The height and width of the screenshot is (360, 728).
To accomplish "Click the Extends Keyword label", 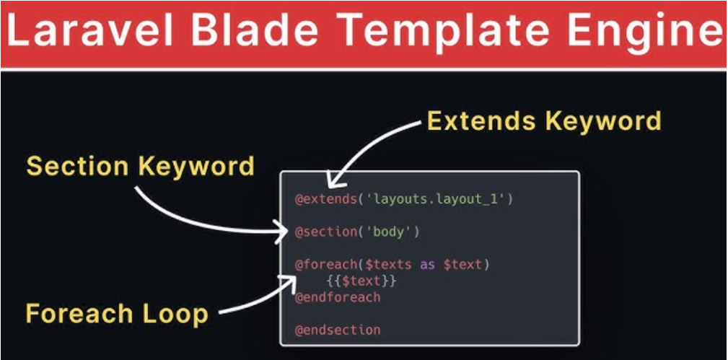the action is pos(544,120).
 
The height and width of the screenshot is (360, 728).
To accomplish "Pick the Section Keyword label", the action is pos(140,166).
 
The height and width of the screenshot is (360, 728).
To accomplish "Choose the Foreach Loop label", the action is pos(117,313).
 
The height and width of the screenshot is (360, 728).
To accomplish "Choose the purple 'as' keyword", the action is pos(427,265).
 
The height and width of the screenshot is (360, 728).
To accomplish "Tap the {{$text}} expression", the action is pos(361,281).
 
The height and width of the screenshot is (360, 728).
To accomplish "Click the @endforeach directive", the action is pos(338,297).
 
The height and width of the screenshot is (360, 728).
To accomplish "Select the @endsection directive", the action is pos(338,330).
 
